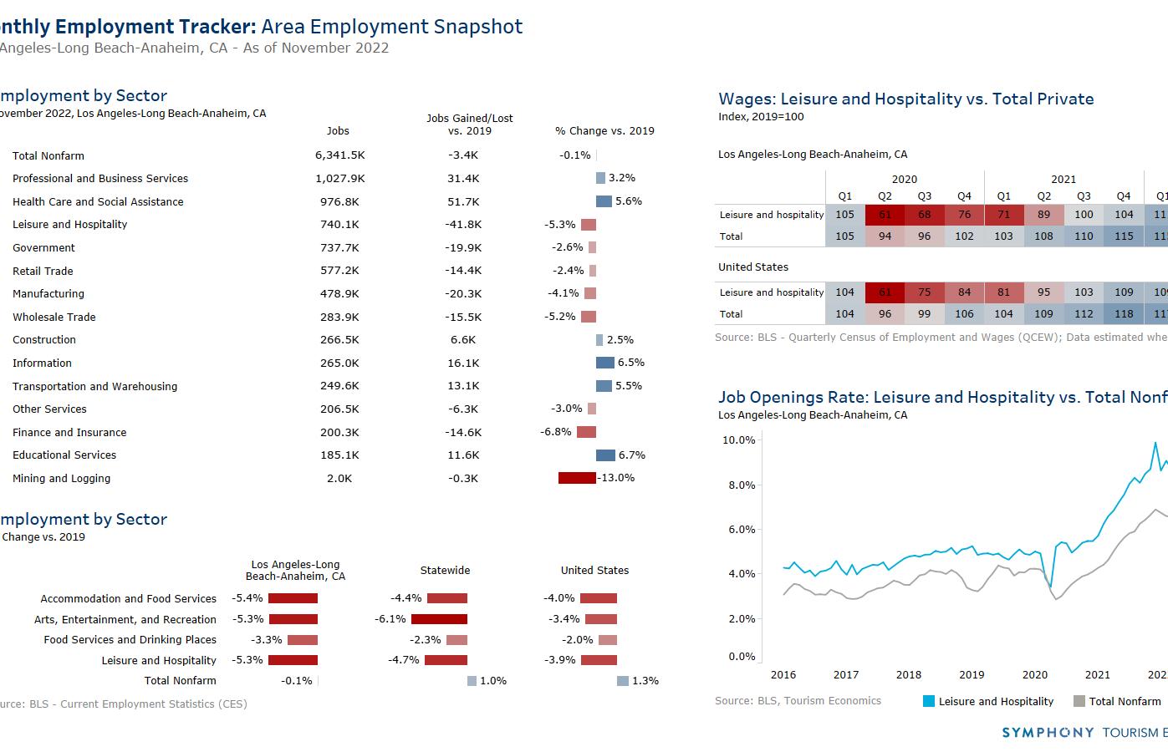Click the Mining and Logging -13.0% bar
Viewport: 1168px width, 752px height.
click(x=577, y=478)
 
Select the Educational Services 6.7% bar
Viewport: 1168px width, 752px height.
click(x=605, y=455)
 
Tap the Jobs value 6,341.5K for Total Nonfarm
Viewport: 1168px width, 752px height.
click(x=339, y=155)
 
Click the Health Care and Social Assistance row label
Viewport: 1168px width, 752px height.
click(x=98, y=201)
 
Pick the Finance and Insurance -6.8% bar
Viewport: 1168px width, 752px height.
click(x=586, y=432)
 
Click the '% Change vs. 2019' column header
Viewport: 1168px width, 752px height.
click(x=604, y=131)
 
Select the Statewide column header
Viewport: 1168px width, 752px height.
click(x=445, y=571)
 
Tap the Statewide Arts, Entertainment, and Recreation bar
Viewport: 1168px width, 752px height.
click(x=439, y=619)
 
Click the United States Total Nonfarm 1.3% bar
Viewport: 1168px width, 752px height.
click(x=622, y=681)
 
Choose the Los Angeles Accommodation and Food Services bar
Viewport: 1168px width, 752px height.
click(x=293, y=598)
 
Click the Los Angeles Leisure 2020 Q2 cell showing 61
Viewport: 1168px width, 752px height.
click(x=885, y=215)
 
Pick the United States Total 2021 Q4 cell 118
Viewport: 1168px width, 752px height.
click(x=1124, y=314)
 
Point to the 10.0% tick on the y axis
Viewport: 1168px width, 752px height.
click(x=738, y=440)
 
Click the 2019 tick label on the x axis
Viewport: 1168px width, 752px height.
click(x=972, y=675)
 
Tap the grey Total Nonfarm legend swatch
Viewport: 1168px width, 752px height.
click(x=1079, y=702)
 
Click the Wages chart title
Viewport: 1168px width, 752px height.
click(x=905, y=99)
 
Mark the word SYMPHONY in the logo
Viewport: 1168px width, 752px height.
click(x=1048, y=733)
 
